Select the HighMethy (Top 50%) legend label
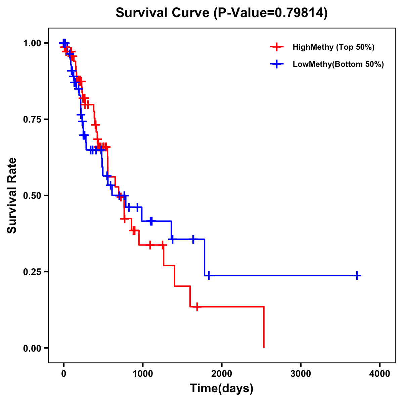333,47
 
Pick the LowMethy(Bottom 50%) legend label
338,64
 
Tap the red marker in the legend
276,47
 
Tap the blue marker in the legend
276,64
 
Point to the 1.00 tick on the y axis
33,43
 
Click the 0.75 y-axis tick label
33,120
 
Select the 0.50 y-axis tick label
33,195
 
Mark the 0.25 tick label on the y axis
33,272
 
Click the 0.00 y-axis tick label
33,348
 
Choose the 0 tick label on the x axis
63,373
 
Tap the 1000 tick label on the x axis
142,373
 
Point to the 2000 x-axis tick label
222,373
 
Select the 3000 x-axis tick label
301,373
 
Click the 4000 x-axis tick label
380,373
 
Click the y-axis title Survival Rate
12,195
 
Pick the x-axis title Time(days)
222,389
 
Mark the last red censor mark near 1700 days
197,307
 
